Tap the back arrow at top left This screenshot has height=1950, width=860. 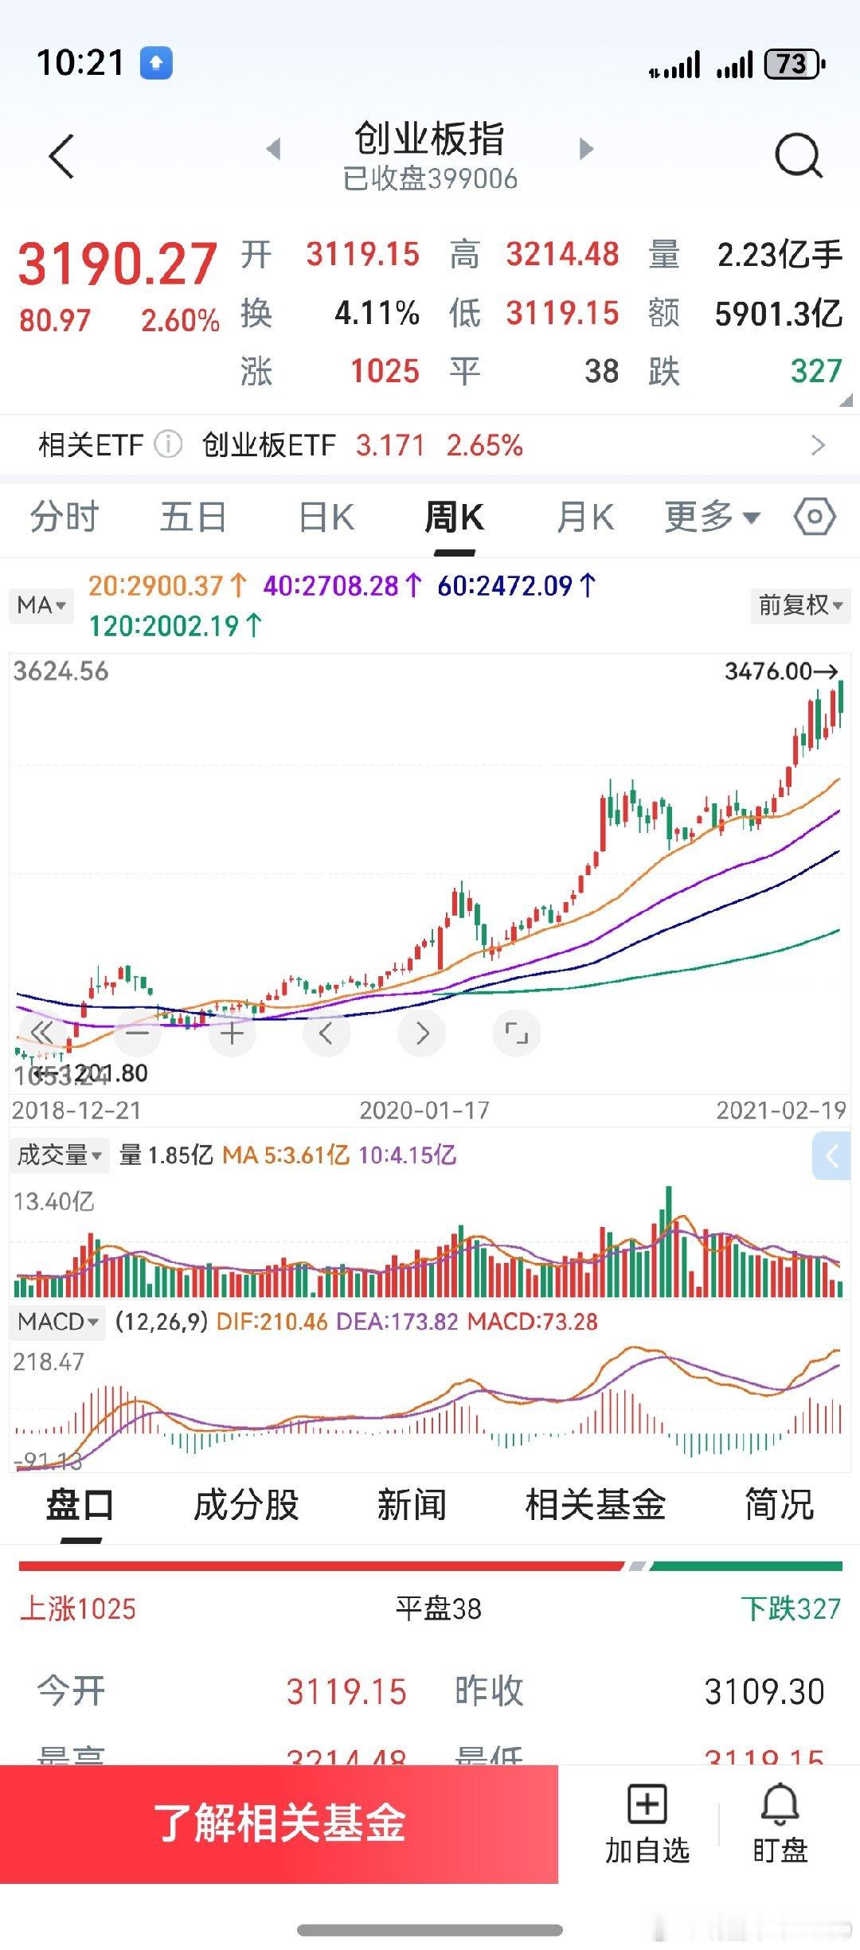pos(61,155)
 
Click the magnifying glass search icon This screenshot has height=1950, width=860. pos(798,154)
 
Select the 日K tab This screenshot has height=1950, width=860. pos(326,518)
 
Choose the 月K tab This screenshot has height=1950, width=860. pos(585,518)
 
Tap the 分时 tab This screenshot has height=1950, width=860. pos(64,518)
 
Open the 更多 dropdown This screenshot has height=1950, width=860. pos(711,518)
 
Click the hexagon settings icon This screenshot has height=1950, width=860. pos(814,518)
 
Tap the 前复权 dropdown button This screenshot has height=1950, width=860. pos(799,605)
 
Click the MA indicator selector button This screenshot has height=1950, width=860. pos(41,605)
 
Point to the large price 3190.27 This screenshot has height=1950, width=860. pos(118,264)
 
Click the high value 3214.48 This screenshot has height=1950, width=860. pos(562,255)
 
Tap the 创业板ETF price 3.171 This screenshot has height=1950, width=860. pos(390,445)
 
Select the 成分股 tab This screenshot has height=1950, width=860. pos(246,1505)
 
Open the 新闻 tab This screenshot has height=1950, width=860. pos(412,1505)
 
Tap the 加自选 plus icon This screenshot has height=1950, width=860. pos(647,1803)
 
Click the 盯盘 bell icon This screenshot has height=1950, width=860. pos(780,1803)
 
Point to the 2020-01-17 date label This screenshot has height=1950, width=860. pos(424,1110)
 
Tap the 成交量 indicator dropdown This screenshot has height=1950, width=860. pos(60,1155)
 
